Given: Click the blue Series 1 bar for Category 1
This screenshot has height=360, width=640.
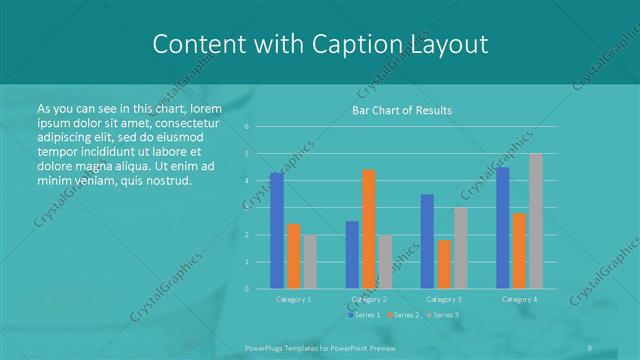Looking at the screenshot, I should (276, 230).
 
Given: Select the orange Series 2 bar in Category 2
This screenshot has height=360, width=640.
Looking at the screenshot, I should (369, 229).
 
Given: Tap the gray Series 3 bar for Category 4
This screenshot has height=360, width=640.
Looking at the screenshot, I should (536, 221).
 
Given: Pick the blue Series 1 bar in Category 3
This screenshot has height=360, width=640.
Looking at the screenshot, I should (427, 241).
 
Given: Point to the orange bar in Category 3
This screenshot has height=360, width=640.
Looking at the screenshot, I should (444, 264).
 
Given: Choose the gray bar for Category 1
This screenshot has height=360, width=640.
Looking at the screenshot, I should (310, 261).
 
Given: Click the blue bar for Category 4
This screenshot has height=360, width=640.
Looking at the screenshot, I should (502, 227).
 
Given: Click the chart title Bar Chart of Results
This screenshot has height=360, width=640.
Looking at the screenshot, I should (402, 110).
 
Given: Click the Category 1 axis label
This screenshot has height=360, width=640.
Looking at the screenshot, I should (293, 299).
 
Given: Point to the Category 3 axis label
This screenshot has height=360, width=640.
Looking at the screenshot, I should (444, 299).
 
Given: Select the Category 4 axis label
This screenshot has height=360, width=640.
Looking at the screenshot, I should (519, 299).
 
